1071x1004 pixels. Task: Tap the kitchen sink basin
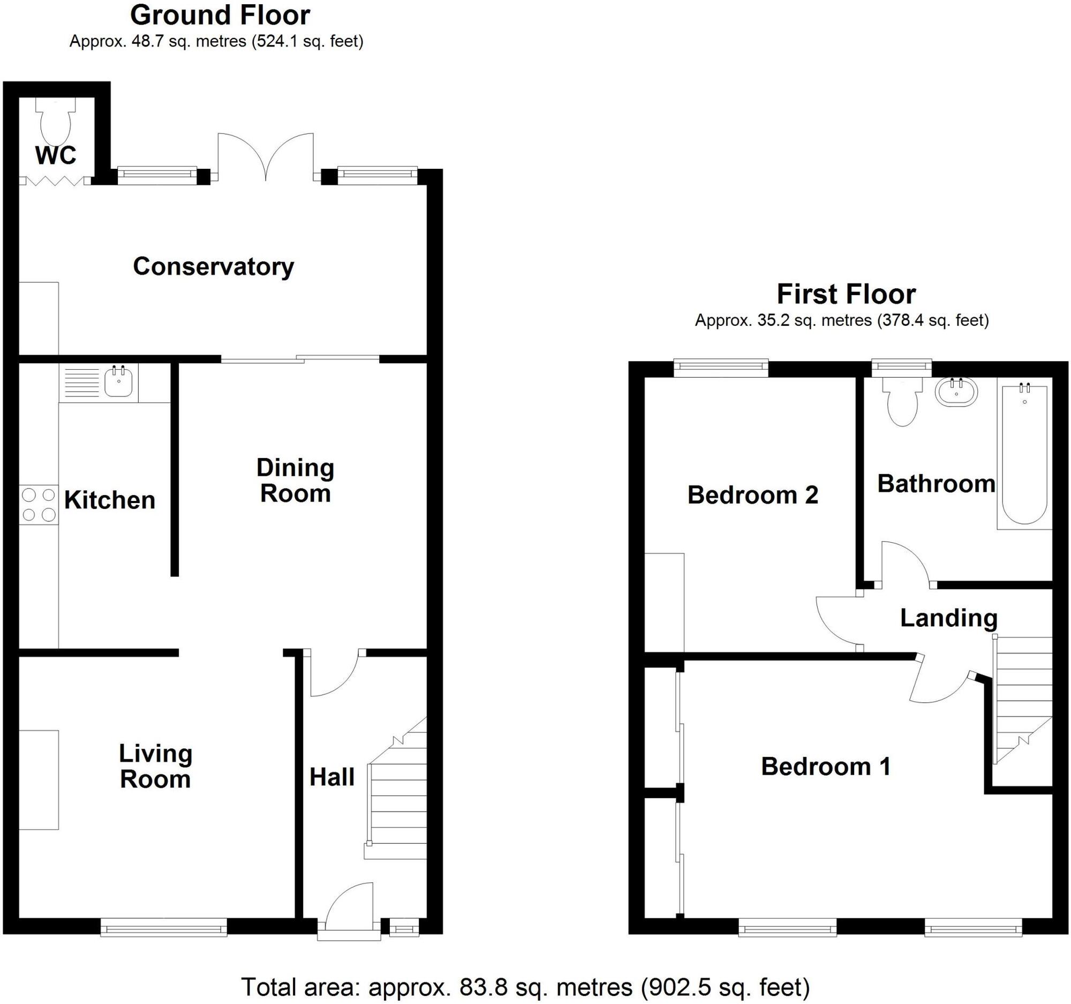118,382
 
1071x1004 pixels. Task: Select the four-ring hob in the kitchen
39,505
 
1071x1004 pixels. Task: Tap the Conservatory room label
213,267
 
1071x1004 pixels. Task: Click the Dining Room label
295,481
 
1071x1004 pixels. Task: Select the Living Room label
155,766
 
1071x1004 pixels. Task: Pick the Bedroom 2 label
752,494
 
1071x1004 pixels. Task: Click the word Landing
949,618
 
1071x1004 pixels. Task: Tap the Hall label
332,777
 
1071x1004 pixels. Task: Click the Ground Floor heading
220,15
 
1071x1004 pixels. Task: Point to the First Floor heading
846,294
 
